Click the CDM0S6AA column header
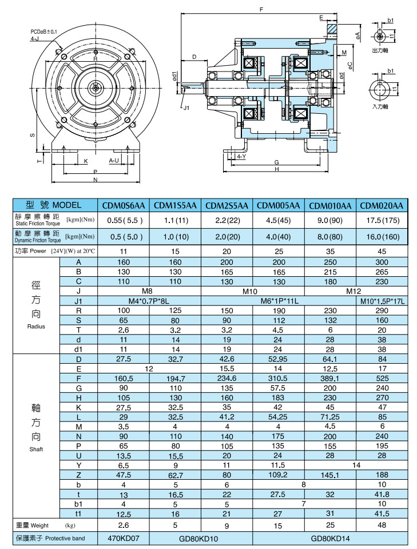(124, 205)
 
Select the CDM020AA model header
(382, 205)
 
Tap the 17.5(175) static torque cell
(382, 220)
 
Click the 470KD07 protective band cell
(124, 538)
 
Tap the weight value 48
(382, 525)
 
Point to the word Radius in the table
(35, 327)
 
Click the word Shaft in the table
(35, 449)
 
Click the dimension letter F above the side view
(261, 10)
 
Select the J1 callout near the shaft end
(186, 107)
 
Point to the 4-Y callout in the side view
(241, 156)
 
